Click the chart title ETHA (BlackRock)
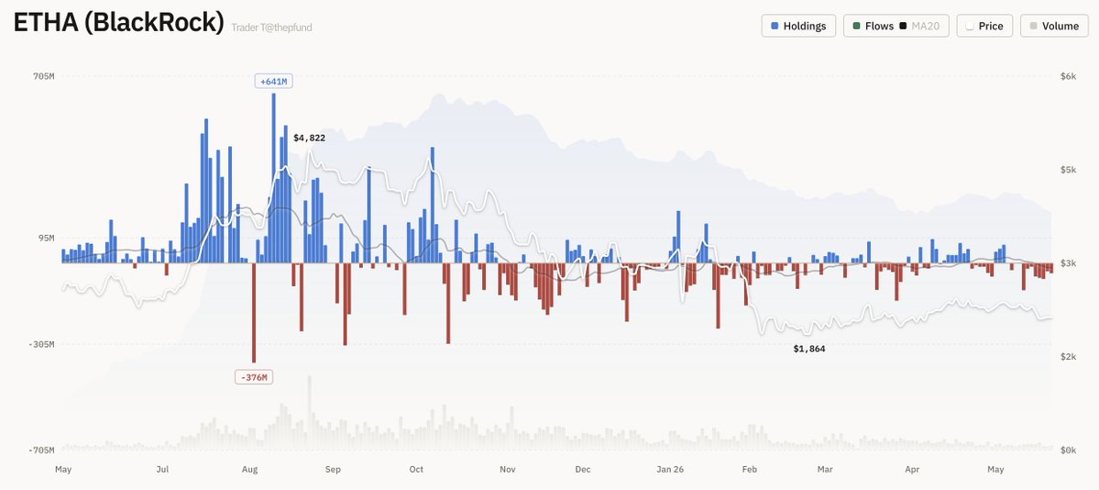(x=118, y=23)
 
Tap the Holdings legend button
(x=798, y=26)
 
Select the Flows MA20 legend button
(x=896, y=26)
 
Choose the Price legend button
(x=984, y=26)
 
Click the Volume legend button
(x=1054, y=26)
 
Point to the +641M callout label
(x=273, y=82)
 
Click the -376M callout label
(x=254, y=378)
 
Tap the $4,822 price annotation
(x=309, y=138)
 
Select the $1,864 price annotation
(x=808, y=348)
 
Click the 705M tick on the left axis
(x=43, y=76)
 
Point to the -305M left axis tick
(x=40, y=344)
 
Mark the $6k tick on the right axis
(x=1068, y=76)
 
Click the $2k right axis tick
(x=1068, y=357)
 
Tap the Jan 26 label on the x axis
(x=669, y=469)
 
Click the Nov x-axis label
(x=508, y=469)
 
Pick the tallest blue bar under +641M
(x=273, y=178)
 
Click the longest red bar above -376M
(x=254, y=313)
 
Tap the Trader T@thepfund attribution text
(x=271, y=28)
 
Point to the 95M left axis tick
(x=46, y=238)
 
